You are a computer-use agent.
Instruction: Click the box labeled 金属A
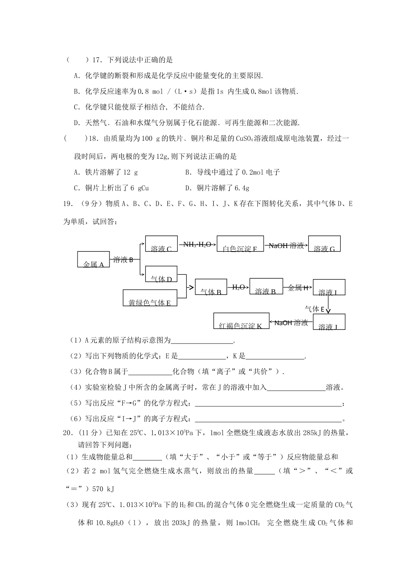[93, 259]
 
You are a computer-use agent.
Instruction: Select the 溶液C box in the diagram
[161, 244]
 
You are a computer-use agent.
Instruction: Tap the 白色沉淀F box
[240, 244]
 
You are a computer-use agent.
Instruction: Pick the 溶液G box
[324, 244]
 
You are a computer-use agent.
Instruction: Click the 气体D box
[161, 274]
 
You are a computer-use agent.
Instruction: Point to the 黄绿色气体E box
[150, 297]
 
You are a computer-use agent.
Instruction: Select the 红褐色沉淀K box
[241, 321]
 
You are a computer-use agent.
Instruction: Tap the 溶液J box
[329, 322]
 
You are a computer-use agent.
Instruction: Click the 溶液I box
[329, 287]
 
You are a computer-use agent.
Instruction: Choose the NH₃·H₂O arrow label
[197, 244]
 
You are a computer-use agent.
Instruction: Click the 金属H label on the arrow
[299, 287]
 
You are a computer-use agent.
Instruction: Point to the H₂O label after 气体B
[238, 287]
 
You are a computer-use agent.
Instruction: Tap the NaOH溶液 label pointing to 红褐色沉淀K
[291, 323]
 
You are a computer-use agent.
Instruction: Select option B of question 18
[233, 172]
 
